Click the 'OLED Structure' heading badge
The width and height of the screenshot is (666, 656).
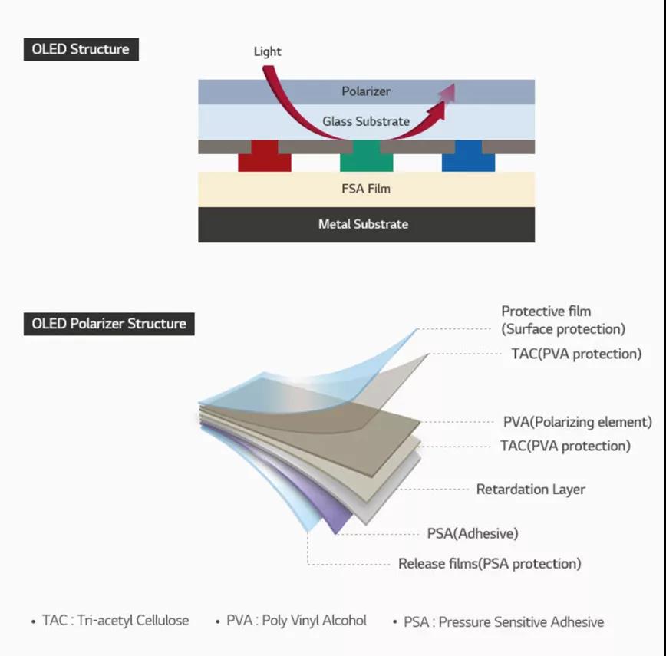point(81,49)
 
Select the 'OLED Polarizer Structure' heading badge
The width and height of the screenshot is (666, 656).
point(109,323)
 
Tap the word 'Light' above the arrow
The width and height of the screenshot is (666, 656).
point(267,51)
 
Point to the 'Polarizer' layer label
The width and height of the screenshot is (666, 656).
point(366,91)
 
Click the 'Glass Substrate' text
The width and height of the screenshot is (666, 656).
point(366,121)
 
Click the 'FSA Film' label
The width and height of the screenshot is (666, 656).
point(366,189)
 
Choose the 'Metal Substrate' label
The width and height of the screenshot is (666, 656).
point(363,224)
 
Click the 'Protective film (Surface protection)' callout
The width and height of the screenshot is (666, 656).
point(563,320)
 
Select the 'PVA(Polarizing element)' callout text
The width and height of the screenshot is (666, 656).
point(577,422)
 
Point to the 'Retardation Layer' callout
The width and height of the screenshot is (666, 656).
point(530,489)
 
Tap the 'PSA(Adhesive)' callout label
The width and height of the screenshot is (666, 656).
point(472,533)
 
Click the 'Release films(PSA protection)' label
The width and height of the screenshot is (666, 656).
point(490,564)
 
